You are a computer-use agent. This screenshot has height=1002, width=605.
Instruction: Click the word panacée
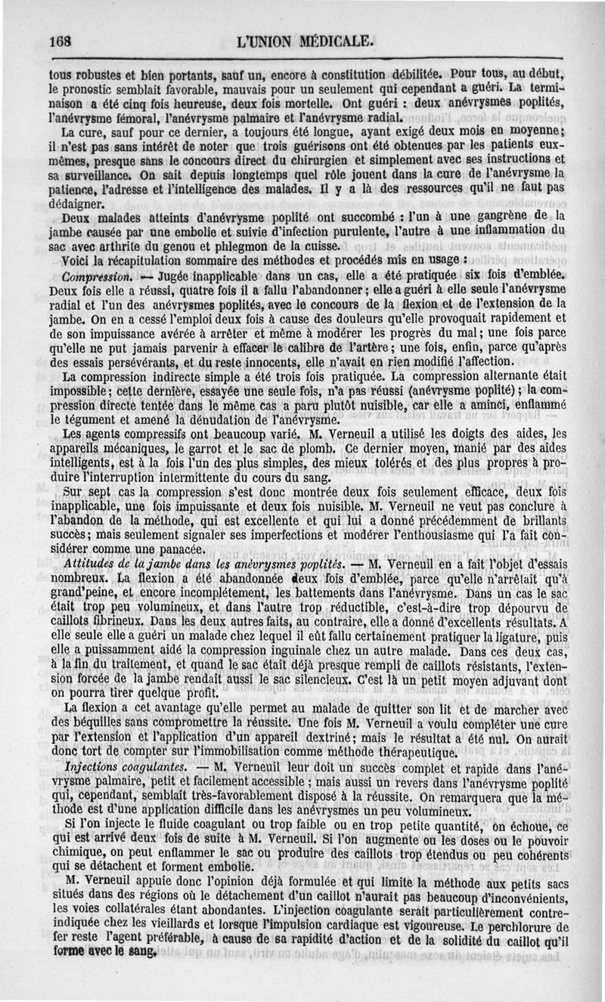[172, 549]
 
